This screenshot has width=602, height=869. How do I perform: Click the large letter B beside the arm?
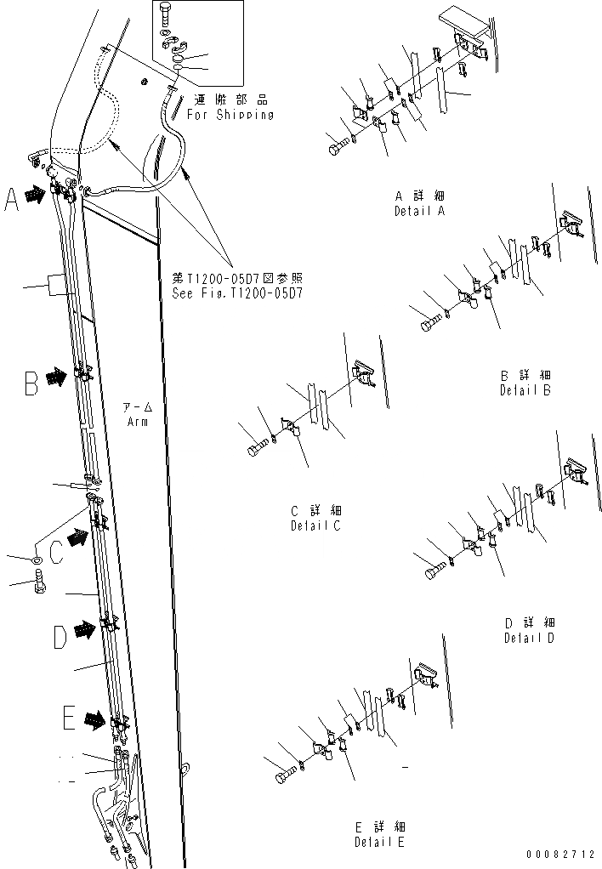click(31, 384)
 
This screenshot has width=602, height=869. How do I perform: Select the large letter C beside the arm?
click(55, 553)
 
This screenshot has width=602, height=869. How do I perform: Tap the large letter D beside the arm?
click(60, 636)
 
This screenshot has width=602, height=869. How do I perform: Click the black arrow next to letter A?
click(35, 195)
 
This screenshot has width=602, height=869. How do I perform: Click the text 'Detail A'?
click(419, 211)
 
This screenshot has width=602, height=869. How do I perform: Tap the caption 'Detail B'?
click(525, 390)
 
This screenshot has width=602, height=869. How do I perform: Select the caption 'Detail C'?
click(315, 525)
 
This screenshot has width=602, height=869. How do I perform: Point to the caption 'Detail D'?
click(529, 638)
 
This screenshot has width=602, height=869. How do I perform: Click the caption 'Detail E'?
click(380, 842)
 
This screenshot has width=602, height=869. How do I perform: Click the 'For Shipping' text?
click(230, 115)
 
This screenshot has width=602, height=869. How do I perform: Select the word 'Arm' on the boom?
click(138, 421)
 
